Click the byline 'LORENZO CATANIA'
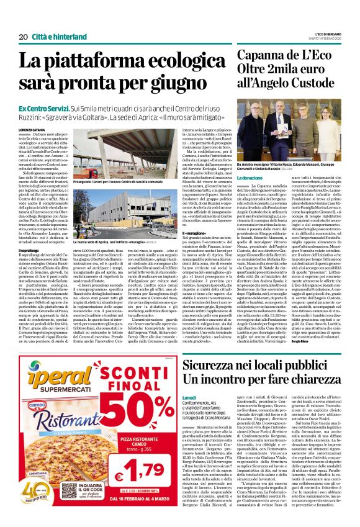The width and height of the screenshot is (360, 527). (32, 128)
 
